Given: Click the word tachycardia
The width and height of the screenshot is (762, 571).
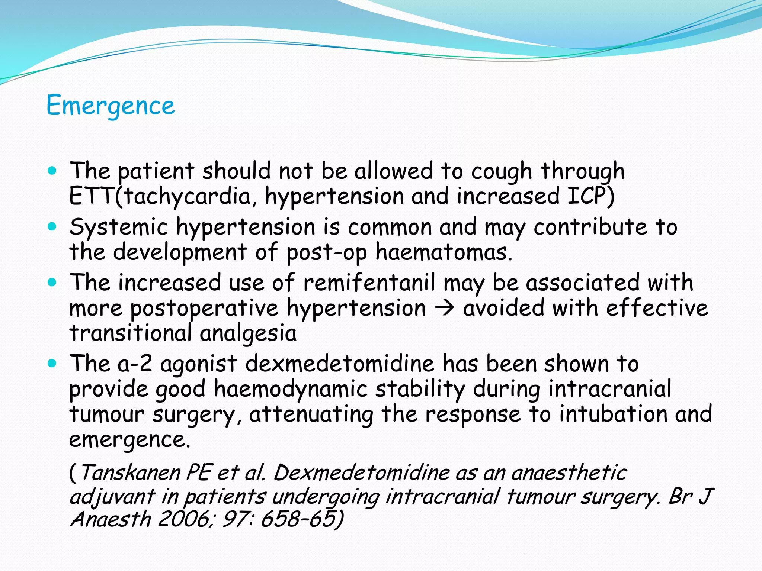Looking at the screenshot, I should coord(188,197).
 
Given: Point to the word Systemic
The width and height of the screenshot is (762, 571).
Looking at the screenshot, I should coord(118,228).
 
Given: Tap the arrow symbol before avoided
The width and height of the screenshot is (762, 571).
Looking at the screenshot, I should coord(445,308).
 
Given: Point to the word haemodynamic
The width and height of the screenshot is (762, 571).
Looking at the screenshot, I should coord(291,390).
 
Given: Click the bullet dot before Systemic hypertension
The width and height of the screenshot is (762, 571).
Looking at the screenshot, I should coord(52,226).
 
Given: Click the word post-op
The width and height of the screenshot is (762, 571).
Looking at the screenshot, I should coord(326,253).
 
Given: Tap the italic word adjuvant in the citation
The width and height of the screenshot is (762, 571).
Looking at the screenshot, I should coord(112,497).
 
